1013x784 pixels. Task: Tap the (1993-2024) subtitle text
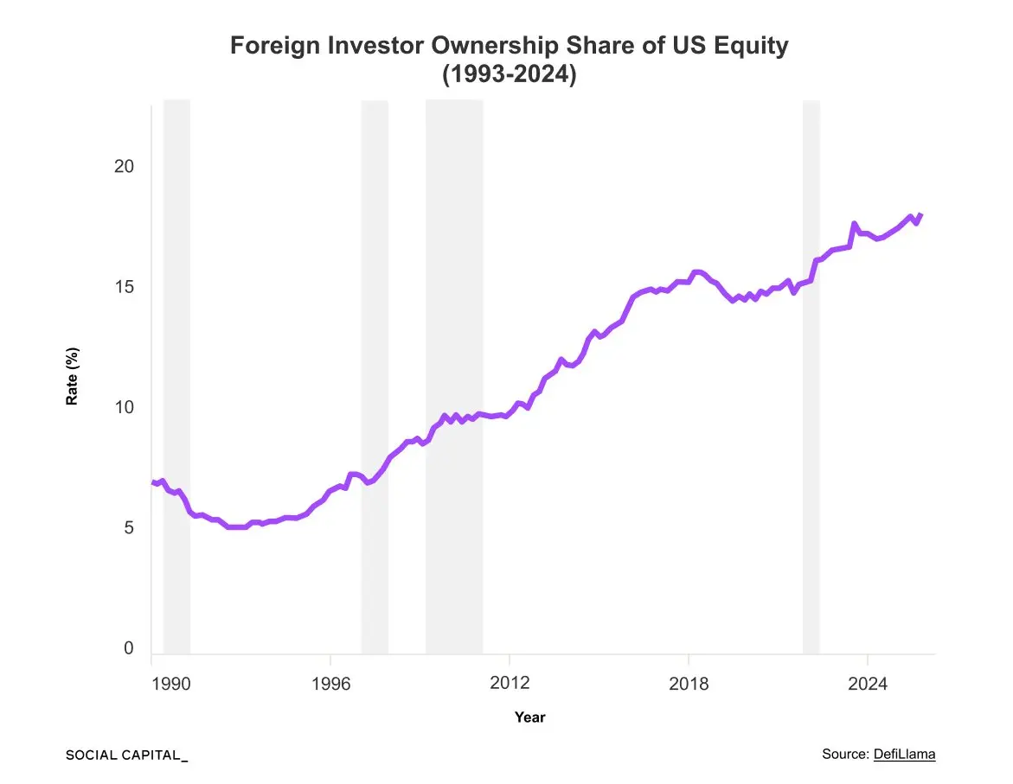tap(509, 74)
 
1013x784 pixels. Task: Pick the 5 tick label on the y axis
tap(128, 528)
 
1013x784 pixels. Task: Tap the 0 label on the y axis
tap(128, 648)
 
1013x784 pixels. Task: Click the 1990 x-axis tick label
tap(170, 685)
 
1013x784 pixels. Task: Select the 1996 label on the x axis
tap(330, 685)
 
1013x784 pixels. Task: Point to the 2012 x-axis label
tap(510, 685)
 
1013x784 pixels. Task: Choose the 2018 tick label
tap(689, 685)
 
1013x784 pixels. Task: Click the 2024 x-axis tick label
tap(868, 685)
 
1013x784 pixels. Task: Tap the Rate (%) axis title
tap(73, 377)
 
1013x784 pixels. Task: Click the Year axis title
tap(529, 717)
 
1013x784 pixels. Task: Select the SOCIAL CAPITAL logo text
tap(126, 755)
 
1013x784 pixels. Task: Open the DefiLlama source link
tap(904, 755)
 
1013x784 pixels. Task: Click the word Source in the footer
tap(844, 755)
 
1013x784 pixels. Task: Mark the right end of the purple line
tap(921, 214)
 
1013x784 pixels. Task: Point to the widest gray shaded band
tap(453, 377)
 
